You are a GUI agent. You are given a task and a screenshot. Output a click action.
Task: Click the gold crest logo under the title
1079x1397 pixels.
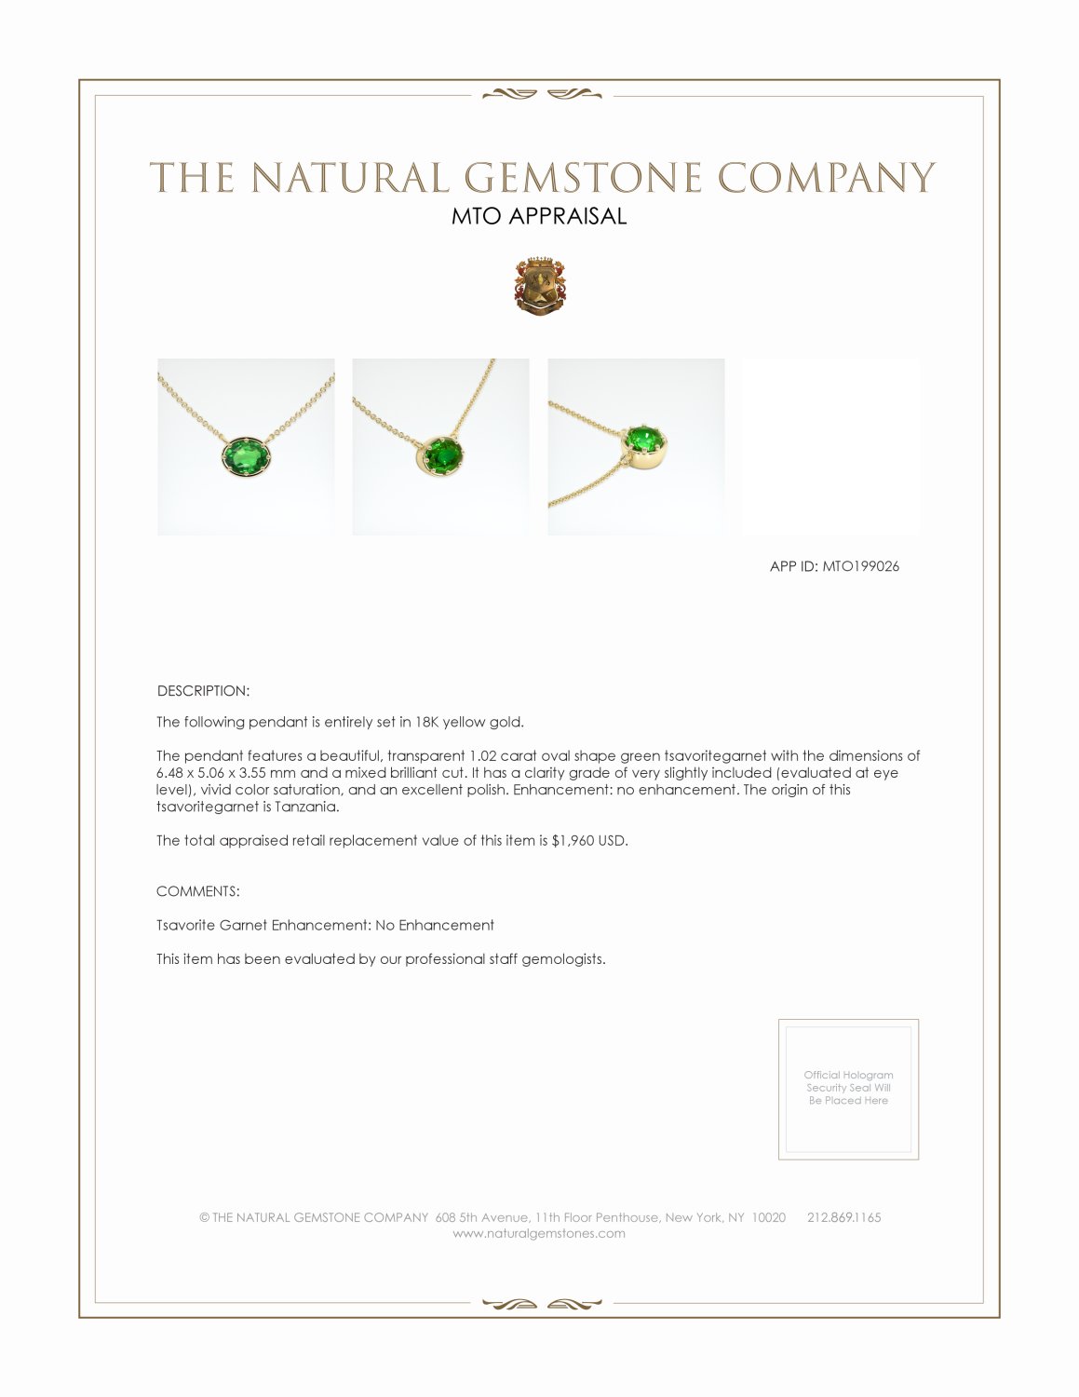coord(539,286)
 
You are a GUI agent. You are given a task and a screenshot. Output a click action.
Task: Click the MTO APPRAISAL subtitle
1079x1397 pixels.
coord(539,216)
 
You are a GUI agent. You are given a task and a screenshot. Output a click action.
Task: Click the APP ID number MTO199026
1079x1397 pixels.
coord(860,566)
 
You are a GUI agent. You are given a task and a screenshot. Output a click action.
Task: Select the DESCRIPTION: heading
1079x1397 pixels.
coord(203,691)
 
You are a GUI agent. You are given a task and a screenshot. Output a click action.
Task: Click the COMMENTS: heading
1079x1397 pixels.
coord(197,891)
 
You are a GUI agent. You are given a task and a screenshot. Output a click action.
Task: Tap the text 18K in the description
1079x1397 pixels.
coord(425,722)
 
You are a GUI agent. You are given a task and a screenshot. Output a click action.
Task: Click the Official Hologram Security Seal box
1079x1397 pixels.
coord(848,1089)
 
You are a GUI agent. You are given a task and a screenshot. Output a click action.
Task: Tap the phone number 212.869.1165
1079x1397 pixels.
coord(843,1217)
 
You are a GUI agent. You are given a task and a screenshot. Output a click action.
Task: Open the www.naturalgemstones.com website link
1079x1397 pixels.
coord(539,1233)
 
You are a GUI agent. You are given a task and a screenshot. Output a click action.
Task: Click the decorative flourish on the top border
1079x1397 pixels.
coord(539,93)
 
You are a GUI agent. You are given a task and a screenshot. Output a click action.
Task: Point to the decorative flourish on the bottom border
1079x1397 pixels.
coord(539,1304)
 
